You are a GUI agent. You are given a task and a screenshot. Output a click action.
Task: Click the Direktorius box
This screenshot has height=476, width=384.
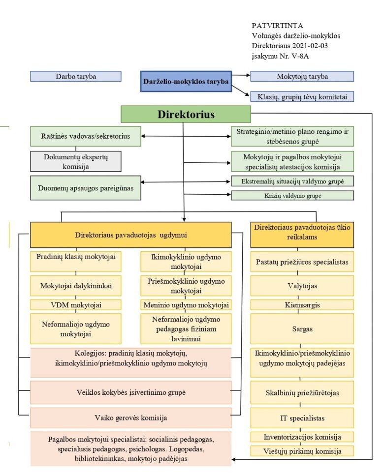tap(186, 115)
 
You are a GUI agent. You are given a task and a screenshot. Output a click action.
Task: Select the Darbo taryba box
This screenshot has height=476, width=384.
tap(75, 76)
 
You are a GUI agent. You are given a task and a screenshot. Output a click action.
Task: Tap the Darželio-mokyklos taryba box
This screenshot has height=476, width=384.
tap(186, 82)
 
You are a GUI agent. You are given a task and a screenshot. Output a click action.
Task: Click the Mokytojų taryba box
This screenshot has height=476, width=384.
tap(302, 76)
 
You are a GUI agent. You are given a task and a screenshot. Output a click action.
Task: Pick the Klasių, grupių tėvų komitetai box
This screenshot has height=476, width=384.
tap(302, 97)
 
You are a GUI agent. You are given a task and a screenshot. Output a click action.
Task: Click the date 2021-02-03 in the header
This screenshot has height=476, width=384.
tap(310, 45)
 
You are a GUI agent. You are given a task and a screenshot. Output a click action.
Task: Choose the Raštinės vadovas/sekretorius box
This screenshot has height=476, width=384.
tap(85, 136)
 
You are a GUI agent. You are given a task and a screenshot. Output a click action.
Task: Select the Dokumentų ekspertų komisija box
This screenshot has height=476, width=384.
tap(75, 161)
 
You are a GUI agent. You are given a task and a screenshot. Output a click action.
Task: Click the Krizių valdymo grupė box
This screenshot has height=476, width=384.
tap(292, 196)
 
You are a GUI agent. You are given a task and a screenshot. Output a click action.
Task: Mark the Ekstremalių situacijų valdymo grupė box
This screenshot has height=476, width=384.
tap(292, 181)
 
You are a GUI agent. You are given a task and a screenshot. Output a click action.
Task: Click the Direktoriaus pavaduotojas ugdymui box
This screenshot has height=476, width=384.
tap(130, 235)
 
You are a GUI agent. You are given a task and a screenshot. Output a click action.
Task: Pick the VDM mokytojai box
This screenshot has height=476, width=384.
tap(76, 305)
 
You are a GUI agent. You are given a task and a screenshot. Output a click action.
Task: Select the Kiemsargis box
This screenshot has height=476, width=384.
tap(302, 305)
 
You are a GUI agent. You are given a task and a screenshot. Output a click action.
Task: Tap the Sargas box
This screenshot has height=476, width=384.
tap(302, 328)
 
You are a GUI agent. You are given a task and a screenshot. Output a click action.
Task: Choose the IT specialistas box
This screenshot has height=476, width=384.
tap(302, 418)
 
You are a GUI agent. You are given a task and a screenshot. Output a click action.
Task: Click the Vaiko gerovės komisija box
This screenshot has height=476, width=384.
tap(130, 418)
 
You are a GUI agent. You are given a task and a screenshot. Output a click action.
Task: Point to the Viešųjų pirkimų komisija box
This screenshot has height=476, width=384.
tap(302, 451)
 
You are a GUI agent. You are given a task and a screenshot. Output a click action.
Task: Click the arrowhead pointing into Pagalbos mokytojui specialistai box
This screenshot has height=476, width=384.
tap(234, 459)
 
